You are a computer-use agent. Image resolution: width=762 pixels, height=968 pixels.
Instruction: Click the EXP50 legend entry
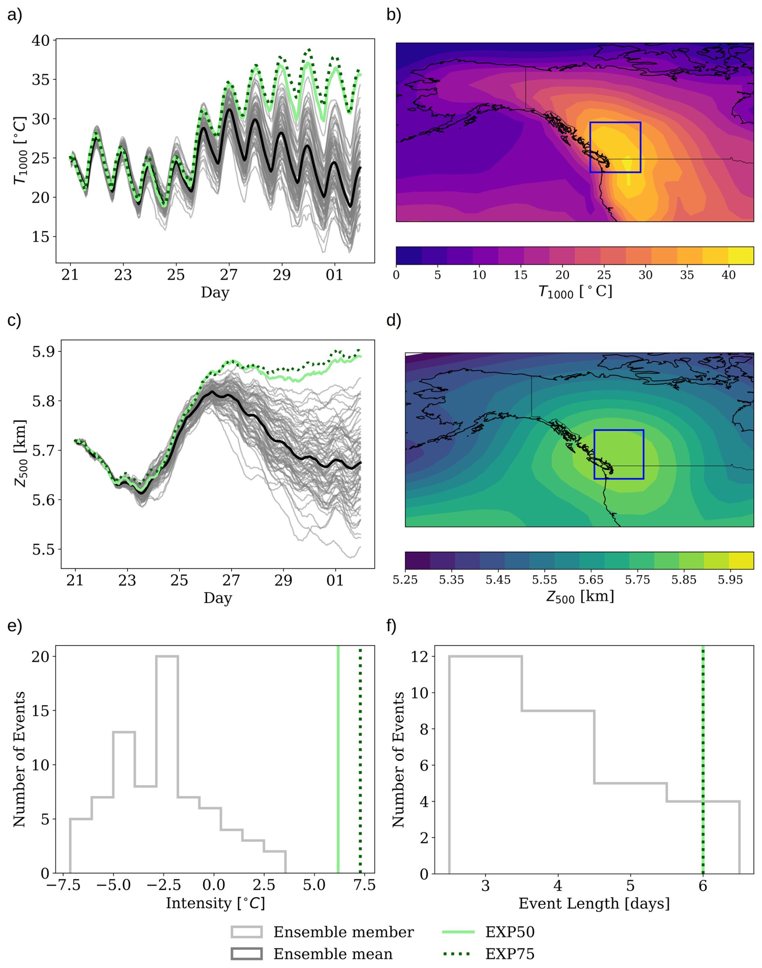coord(509,932)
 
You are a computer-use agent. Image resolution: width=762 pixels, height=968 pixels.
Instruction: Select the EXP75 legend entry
coord(509,954)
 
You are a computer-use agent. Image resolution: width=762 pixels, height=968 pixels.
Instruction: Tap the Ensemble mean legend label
coord(333,954)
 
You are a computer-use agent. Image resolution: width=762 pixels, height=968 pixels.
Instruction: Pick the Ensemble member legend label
coord(343,932)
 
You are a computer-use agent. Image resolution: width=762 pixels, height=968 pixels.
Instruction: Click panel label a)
coord(14,15)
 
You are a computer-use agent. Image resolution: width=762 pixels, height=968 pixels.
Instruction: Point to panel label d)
coord(393,320)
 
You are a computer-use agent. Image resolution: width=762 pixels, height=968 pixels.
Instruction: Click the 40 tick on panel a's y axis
coord(41,40)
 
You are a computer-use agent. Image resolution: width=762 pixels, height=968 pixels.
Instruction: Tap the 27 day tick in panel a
coord(229,275)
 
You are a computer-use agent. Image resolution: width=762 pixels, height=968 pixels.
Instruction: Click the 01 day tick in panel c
coord(335,580)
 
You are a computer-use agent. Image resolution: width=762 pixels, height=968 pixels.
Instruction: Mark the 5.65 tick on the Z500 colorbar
coord(591,580)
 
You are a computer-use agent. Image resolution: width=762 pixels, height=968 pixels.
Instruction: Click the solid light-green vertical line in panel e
coord(338,758)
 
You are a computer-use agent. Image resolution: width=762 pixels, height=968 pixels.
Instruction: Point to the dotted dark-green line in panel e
coord(360,758)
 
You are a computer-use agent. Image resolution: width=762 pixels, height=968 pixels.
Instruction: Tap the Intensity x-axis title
coord(215,903)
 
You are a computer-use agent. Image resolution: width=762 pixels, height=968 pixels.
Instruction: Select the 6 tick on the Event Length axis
coord(703,885)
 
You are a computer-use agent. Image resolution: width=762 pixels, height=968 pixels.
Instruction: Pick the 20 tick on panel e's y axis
coord(40,656)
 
